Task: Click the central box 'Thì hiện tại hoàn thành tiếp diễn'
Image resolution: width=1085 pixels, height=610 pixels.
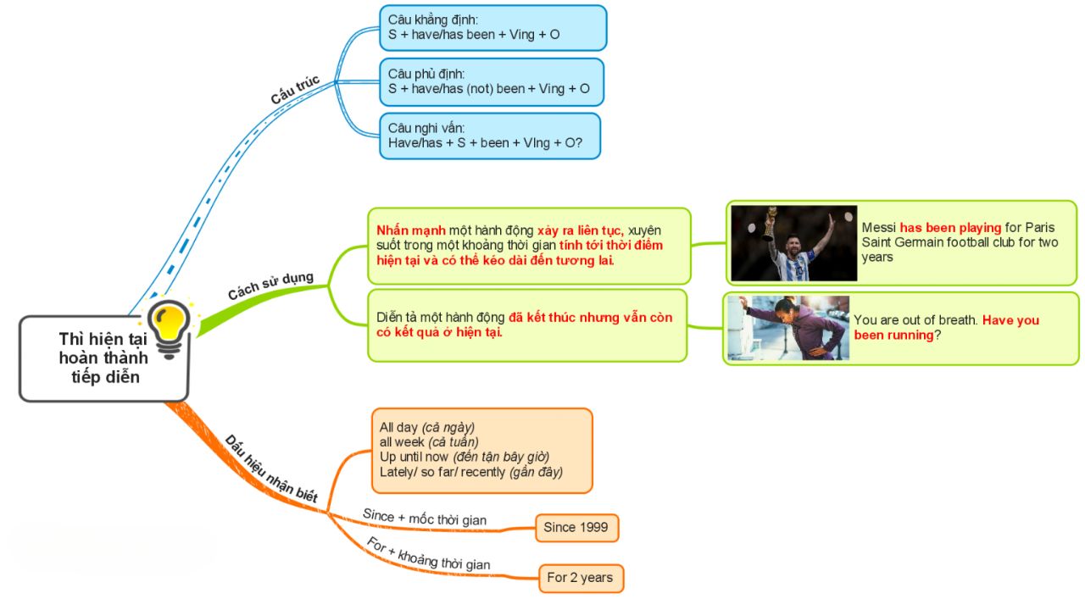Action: pyautogui.click(x=103, y=358)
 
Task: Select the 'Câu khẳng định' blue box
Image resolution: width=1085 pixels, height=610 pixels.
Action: pyautogui.click(x=493, y=28)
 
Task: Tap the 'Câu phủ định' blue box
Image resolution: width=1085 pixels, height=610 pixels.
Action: pyautogui.click(x=492, y=82)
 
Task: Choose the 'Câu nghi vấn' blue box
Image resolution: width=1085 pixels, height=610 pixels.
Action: pyautogui.click(x=490, y=136)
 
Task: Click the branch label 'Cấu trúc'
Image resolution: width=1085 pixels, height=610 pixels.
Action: pyautogui.click(x=295, y=90)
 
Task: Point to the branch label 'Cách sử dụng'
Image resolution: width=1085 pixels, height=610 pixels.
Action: pyautogui.click(x=270, y=286)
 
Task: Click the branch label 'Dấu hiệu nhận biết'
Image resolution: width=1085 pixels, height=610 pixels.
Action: pyautogui.click(x=271, y=469)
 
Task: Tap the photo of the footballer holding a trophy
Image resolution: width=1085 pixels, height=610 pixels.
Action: pyautogui.click(x=794, y=243)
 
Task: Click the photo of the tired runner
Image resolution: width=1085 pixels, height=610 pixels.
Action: pyautogui.click(x=788, y=328)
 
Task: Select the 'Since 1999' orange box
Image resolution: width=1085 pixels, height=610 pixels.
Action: pyautogui.click(x=577, y=528)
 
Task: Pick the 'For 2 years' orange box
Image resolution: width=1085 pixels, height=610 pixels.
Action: pyautogui.click(x=581, y=578)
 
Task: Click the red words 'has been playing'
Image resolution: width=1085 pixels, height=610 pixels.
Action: pyautogui.click(x=950, y=228)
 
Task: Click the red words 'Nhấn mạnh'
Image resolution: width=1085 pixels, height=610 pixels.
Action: pyautogui.click(x=411, y=230)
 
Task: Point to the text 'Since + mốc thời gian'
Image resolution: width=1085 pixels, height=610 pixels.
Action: pyautogui.click(x=425, y=517)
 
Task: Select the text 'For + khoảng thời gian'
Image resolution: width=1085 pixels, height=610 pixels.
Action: pyautogui.click(x=428, y=554)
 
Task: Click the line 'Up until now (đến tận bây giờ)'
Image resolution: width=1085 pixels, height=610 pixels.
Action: pyautogui.click(x=465, y=457)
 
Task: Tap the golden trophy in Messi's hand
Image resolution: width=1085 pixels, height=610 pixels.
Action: pyautogui.click(x=769, y=224)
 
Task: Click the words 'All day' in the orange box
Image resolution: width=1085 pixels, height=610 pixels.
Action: pyautogui.click(x=398, y=427)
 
